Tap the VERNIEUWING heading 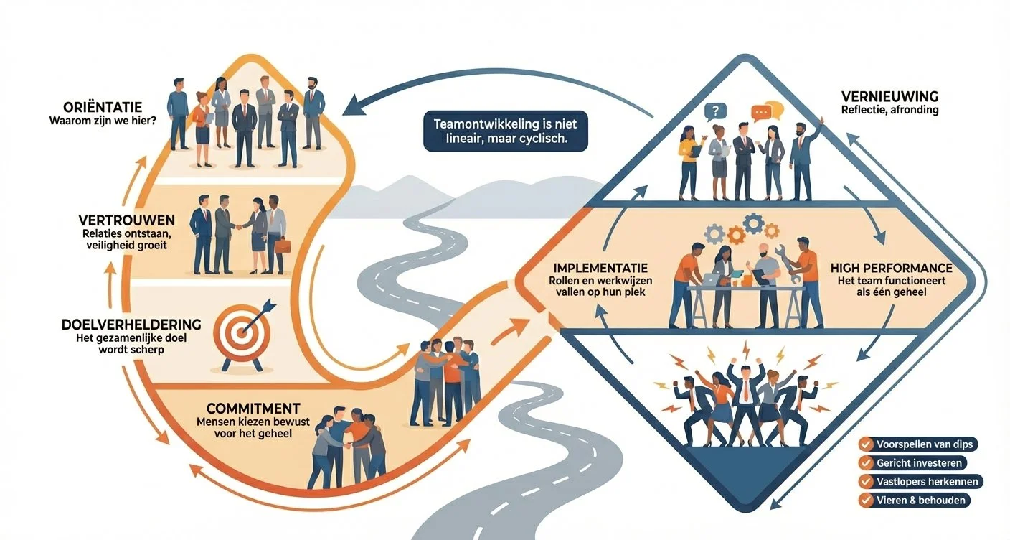887,96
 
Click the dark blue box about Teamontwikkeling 505,131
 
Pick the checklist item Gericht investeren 912,462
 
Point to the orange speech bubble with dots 761,111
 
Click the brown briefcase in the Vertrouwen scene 283,246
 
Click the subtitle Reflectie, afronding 889,110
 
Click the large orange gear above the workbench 735,234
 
